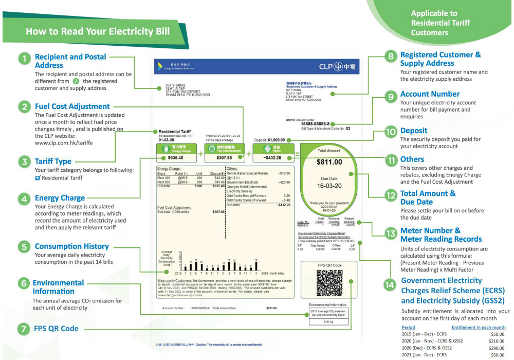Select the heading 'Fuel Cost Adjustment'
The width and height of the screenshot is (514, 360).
pos(72,106)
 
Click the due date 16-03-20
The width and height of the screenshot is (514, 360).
pos(329,187)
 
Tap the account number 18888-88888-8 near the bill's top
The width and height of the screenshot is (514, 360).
pos(315,124)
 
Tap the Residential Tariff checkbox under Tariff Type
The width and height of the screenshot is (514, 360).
pos(38,178)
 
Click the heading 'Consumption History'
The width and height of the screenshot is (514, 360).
pos(71,246)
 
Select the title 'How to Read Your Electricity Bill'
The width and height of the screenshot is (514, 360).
pos(98,31)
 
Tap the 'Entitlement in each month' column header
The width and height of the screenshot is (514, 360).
pos(478,327)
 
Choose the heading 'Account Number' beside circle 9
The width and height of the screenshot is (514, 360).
pos(430,94)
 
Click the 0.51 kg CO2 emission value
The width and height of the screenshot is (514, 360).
pos(328,321)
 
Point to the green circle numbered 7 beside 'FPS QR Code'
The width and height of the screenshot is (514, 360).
pos(24,329)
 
